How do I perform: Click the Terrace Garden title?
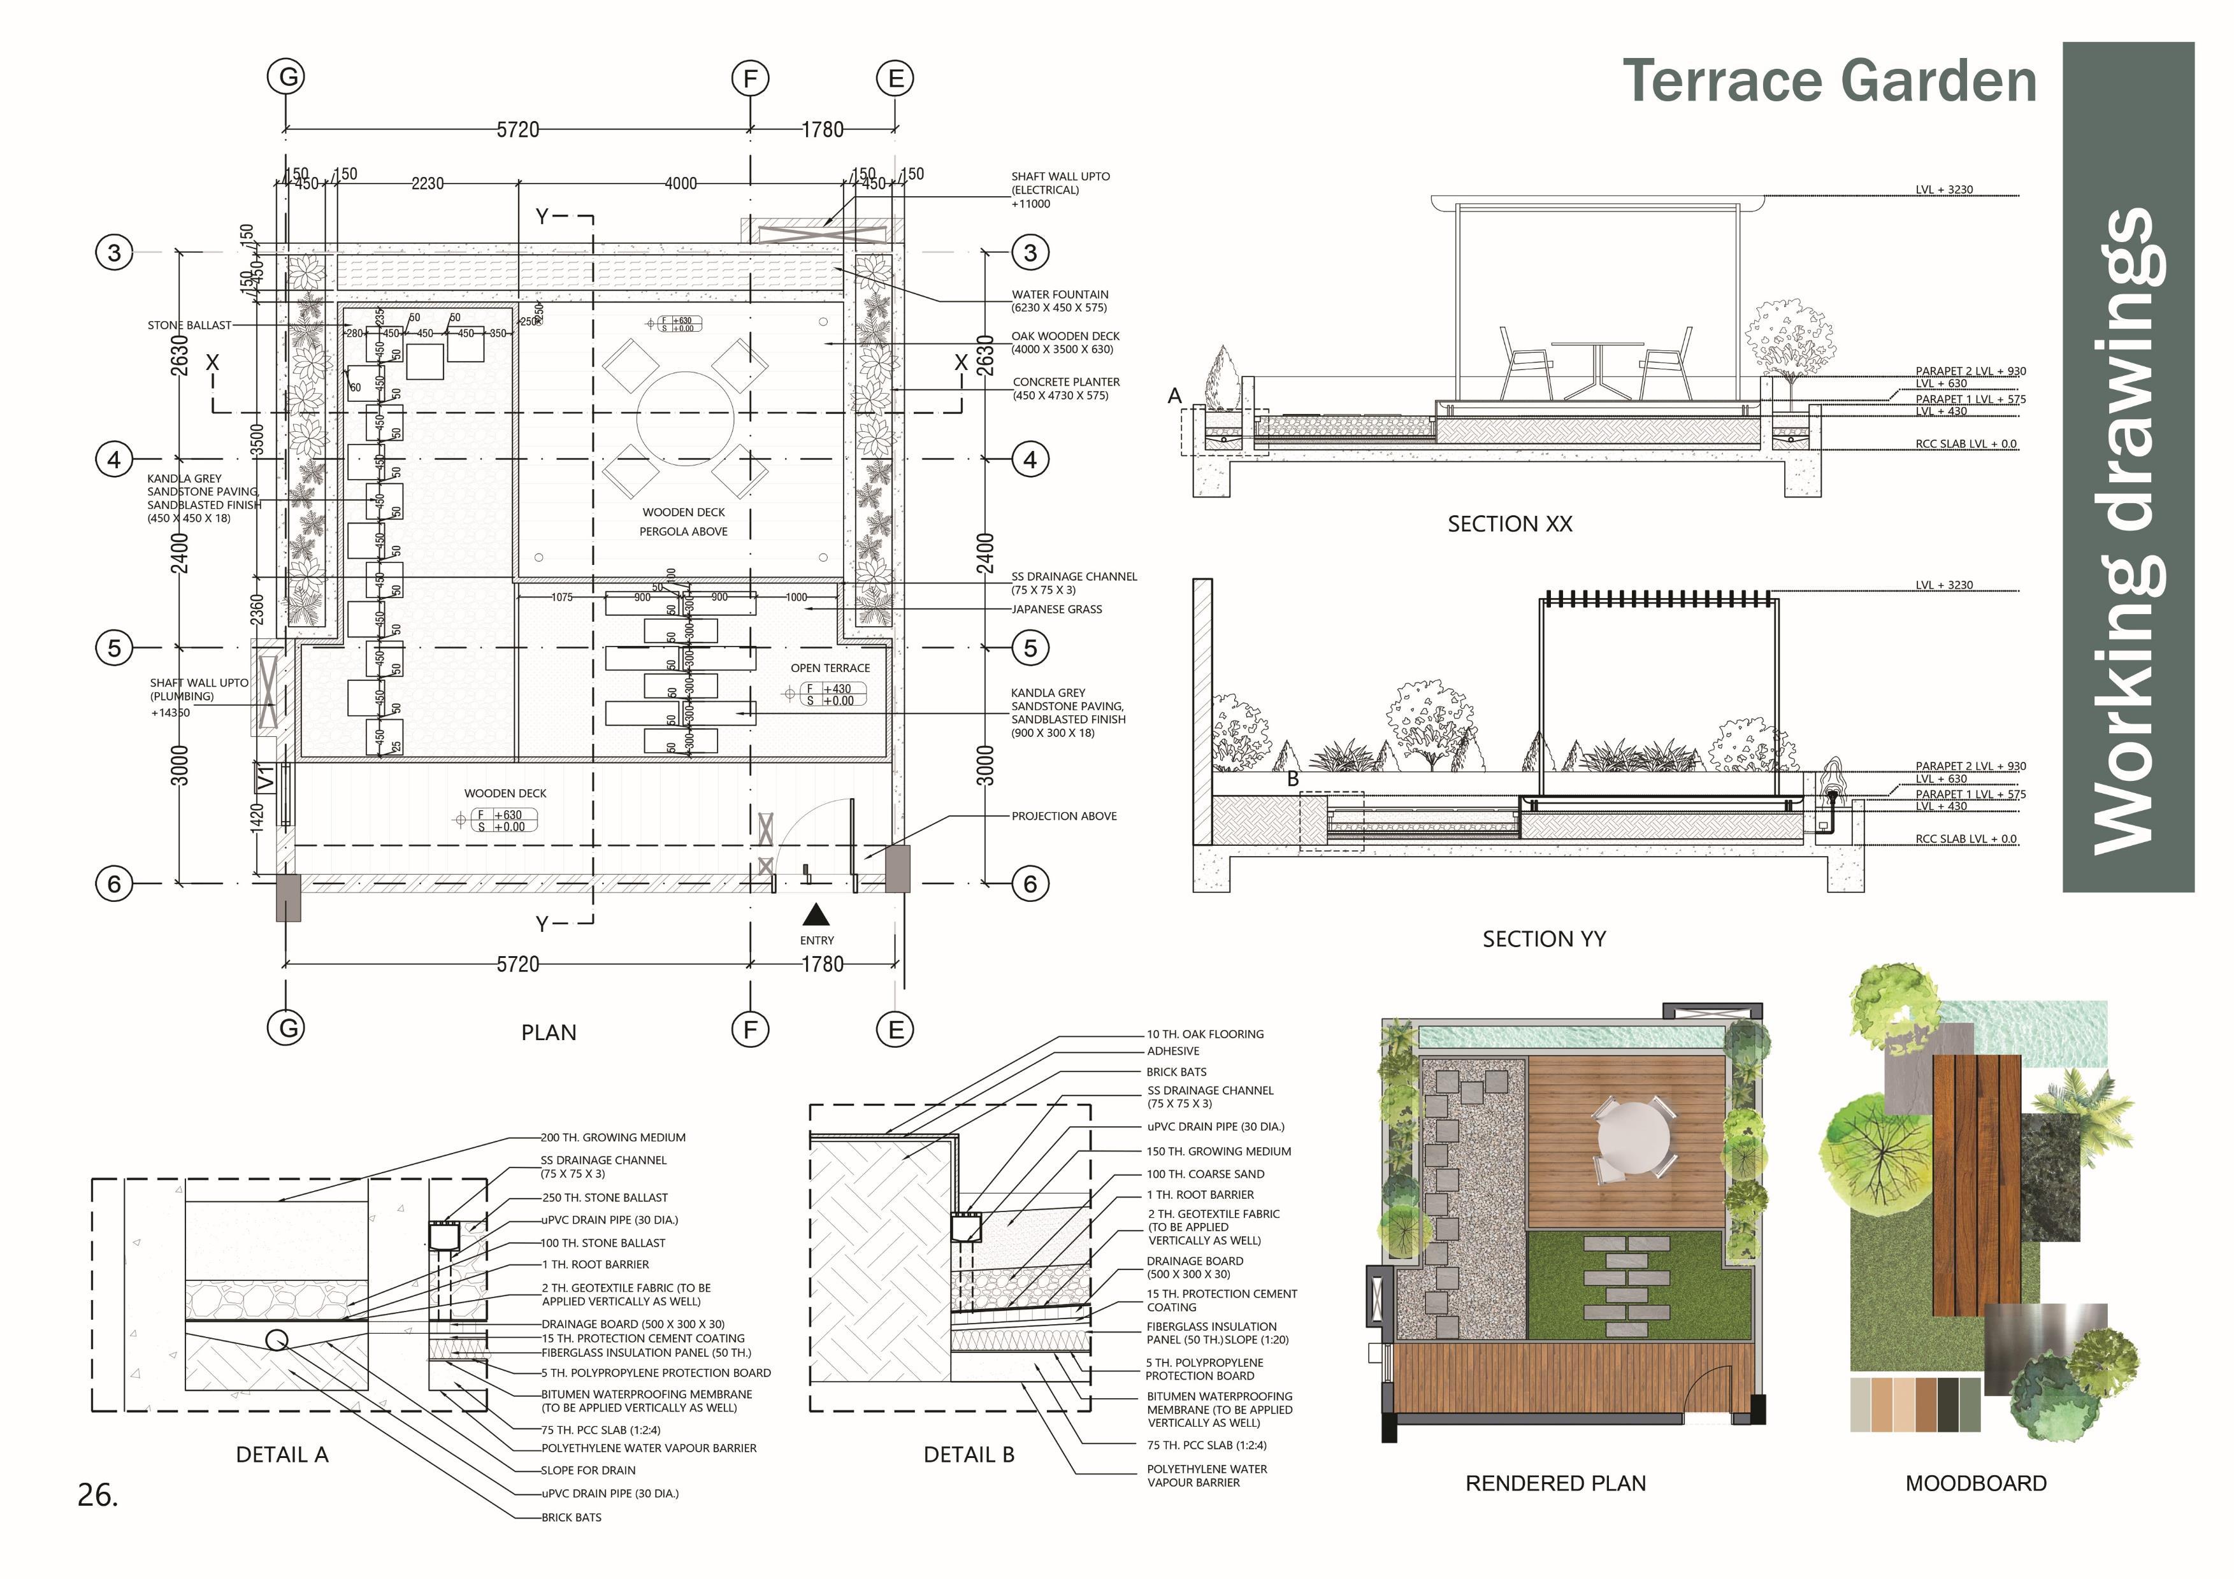pyautogui.click(x=1829, y=81)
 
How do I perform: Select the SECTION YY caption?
pyautogui.click(x=1543, y=939)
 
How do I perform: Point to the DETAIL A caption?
pyautogui.click(x=282, y=1454)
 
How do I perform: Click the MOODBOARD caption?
pyautogui.click(x=1975, y=1483)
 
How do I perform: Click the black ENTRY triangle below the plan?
pyautogui.click(x=816, y=915)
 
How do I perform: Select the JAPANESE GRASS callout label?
pyautogui.click(x=1056, y=609)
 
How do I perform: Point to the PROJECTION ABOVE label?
pyautogui.click(x=1063, y=817)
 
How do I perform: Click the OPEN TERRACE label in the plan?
pyautogui.click(x=830, y=668)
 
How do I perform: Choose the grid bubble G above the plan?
pyautogui.click(x=286, y=77)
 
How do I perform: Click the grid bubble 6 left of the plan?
pyautogui.click(x=115, y=883)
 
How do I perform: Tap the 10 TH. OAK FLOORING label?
pyautogui.click(x=1204, y=1034)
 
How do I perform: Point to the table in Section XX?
pyautogui.click(x=1597, y=368)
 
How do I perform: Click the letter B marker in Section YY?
pyautogui.click(x=1292, y=779)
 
